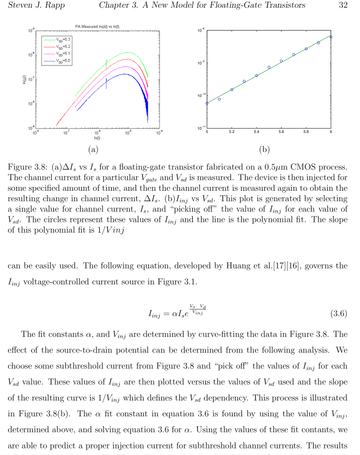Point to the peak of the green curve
click(x=129, y=53)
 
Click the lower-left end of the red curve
click(x=57, y=125)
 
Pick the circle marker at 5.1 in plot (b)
click(x=219, y=99)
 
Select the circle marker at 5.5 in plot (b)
click(x=269, y=68)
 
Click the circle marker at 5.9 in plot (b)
click(x=319, y=43)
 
